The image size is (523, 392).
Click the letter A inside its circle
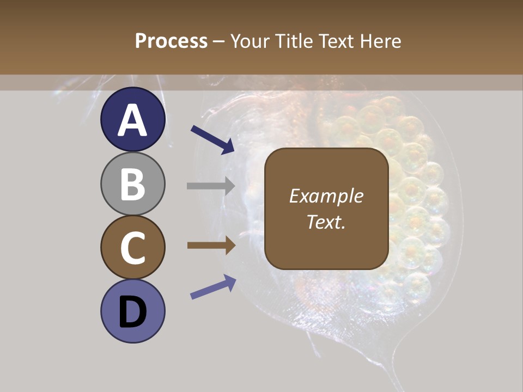133,120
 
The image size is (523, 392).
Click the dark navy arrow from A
212,139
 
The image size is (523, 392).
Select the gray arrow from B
211,186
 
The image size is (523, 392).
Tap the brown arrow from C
211,245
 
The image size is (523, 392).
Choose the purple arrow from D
213,287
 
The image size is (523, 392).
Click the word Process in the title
171,41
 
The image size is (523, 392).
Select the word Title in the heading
295,41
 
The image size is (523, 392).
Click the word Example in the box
326,196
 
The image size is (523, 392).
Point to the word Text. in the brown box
326,222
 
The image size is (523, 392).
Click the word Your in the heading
250,41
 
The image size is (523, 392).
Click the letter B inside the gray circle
133,184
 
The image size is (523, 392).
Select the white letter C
133,248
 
